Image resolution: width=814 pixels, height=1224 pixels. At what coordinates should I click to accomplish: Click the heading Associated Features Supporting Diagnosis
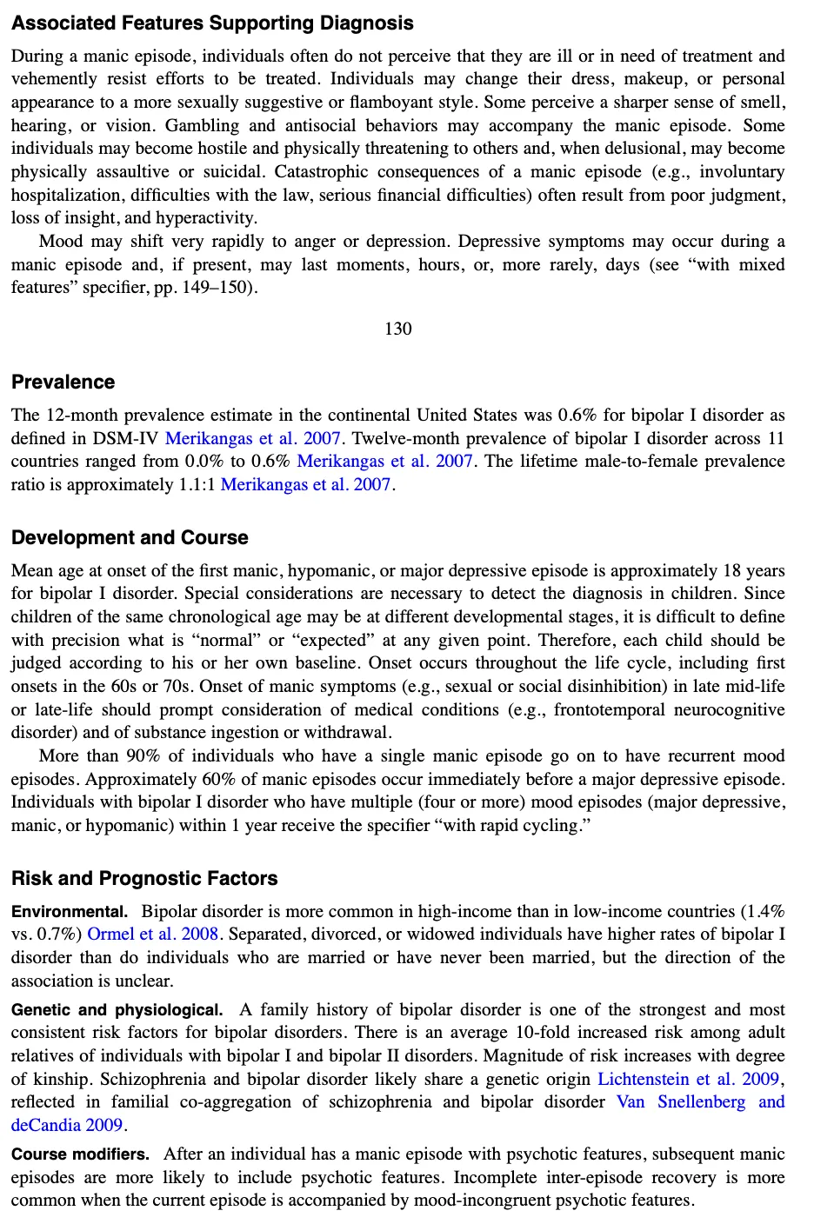click(x=212, y=23)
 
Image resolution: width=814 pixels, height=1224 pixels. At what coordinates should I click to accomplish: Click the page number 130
click(x=397, y=329)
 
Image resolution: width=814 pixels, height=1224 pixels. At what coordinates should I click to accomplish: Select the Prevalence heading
click(x=63, y=382)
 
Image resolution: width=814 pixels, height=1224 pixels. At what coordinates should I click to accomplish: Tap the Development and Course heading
click(x=130, y=538)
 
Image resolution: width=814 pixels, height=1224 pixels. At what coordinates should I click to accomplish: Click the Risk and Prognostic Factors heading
click(x=144, y=879)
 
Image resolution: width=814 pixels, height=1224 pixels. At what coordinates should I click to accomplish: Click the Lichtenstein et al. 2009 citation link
click(x=688, y=1079)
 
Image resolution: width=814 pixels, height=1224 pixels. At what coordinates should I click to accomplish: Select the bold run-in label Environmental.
click(x=70, y=912)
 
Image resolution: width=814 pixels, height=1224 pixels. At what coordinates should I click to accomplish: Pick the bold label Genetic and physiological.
click(x=117, y=1010)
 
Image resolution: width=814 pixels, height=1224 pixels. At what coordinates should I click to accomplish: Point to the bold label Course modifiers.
click(x=80, y=1154)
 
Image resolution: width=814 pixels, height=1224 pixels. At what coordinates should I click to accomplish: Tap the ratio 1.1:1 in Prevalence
click(x=197, y=485)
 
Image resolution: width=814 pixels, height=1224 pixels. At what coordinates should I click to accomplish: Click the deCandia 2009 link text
click(x=66, y=1126)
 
